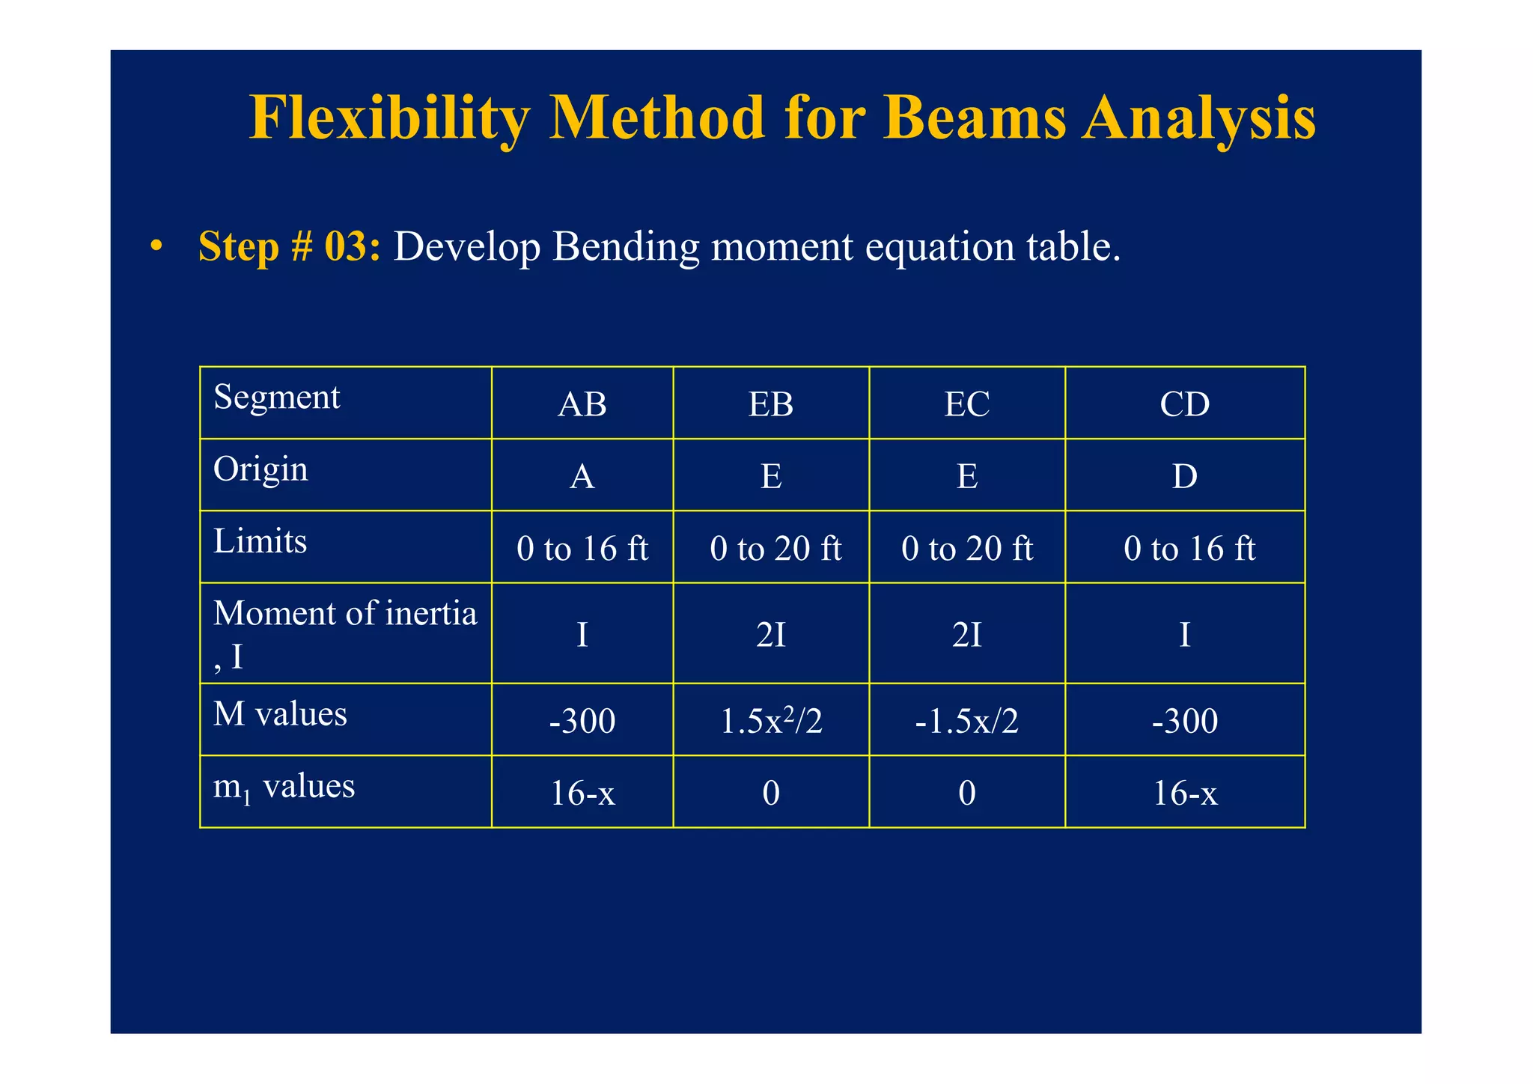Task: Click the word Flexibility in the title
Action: click(389, 118)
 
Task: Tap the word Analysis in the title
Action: click(1198, 118)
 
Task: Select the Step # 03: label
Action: click(289, 246)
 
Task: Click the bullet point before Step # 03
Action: click(156, 246)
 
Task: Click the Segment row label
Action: click(276, 397)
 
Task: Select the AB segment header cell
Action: click(582, 404)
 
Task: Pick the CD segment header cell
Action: click(1184, 404)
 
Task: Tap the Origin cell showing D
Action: click(1184, 476)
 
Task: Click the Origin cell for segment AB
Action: click(582, 476)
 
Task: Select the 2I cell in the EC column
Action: click(966, 635)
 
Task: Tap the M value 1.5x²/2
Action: click(771, 721)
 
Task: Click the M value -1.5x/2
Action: click(966, 721)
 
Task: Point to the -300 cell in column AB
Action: click(582, 721)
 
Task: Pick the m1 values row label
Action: click(284, 787)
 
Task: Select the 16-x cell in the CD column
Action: click(1184, 793)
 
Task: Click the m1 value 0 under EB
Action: click(771, 793)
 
